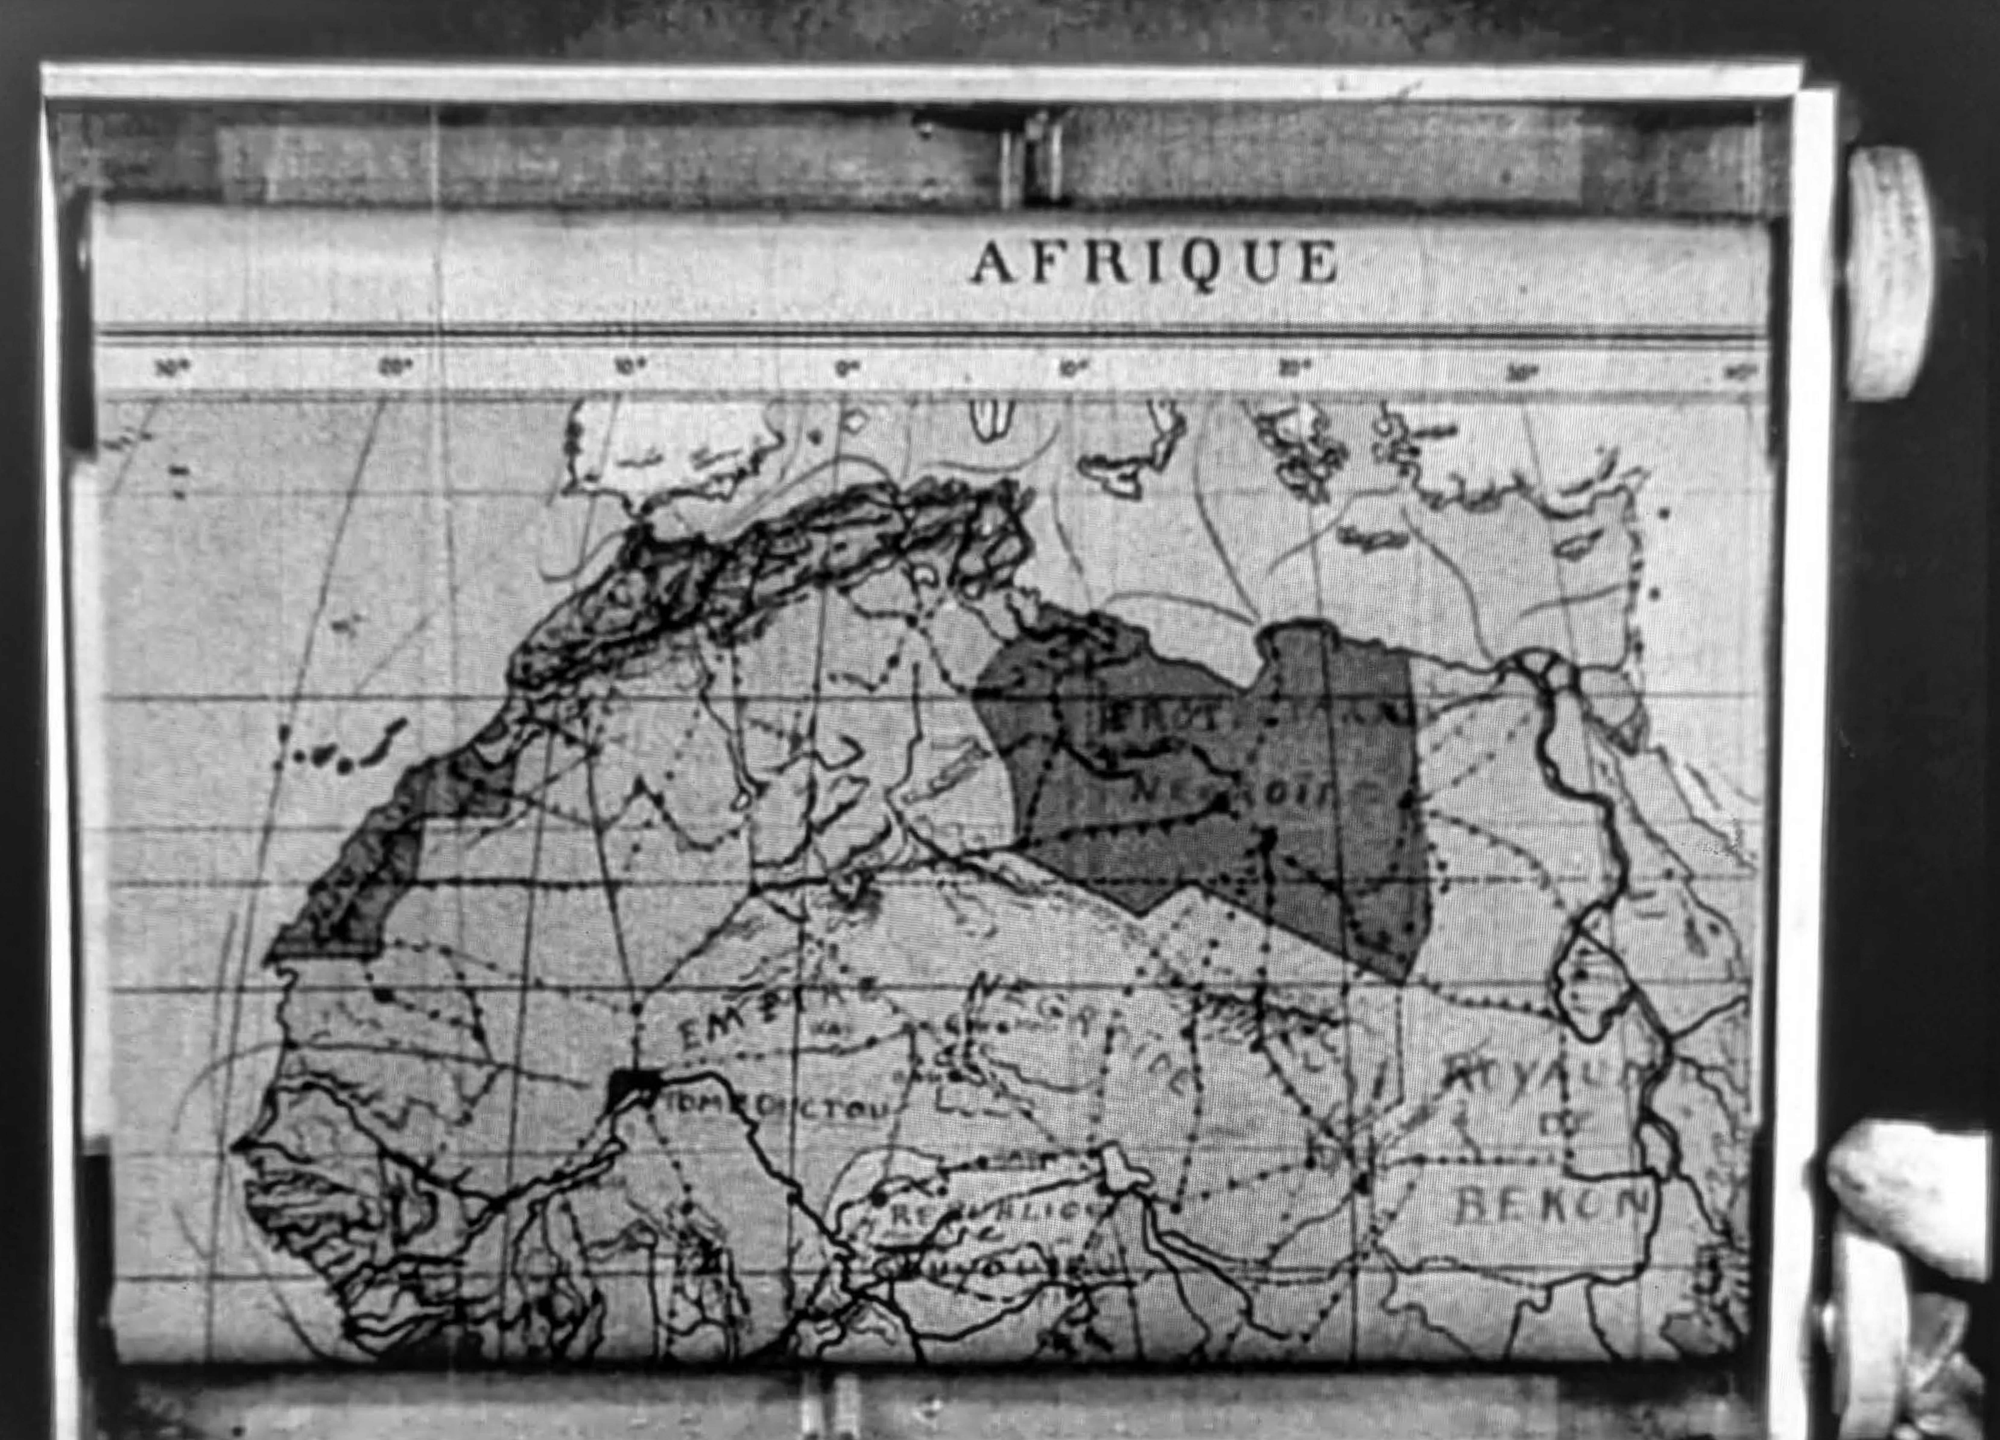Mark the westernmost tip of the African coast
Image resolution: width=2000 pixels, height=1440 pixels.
[x=236, y=1146]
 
